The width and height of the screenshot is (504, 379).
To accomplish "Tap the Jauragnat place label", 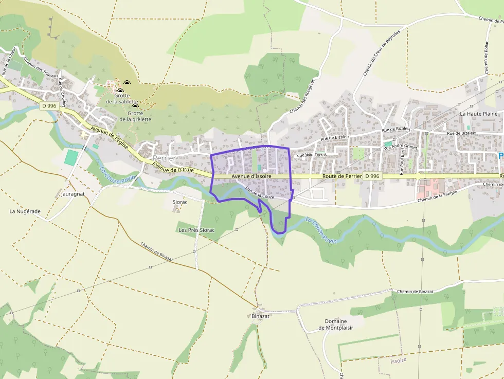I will click(x=72, y=195).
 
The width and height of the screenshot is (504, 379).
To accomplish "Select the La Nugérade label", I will click(x=25, y=211).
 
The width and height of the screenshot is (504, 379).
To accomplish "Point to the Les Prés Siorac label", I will click(x=196, y=230).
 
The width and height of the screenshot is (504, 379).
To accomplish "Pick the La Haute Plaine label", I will click(x=479, y=114).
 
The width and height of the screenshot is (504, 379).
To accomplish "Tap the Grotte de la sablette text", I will click(x=122, y=98).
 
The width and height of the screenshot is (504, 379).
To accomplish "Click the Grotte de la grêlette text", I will click(x=135, y=116).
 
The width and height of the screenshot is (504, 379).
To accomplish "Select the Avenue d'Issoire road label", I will click(x=251, y=176).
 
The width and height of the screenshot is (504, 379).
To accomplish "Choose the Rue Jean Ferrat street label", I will click(x=312, y=155).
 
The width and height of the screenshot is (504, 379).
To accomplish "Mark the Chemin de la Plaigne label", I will click(x=438, y=196).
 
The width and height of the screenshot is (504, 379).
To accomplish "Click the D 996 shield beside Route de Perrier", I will click(x=372, y=176).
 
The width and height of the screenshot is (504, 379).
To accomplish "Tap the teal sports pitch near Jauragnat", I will click(x=71, y=157).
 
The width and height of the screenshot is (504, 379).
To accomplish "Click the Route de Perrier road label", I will click(x=342, y=176).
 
